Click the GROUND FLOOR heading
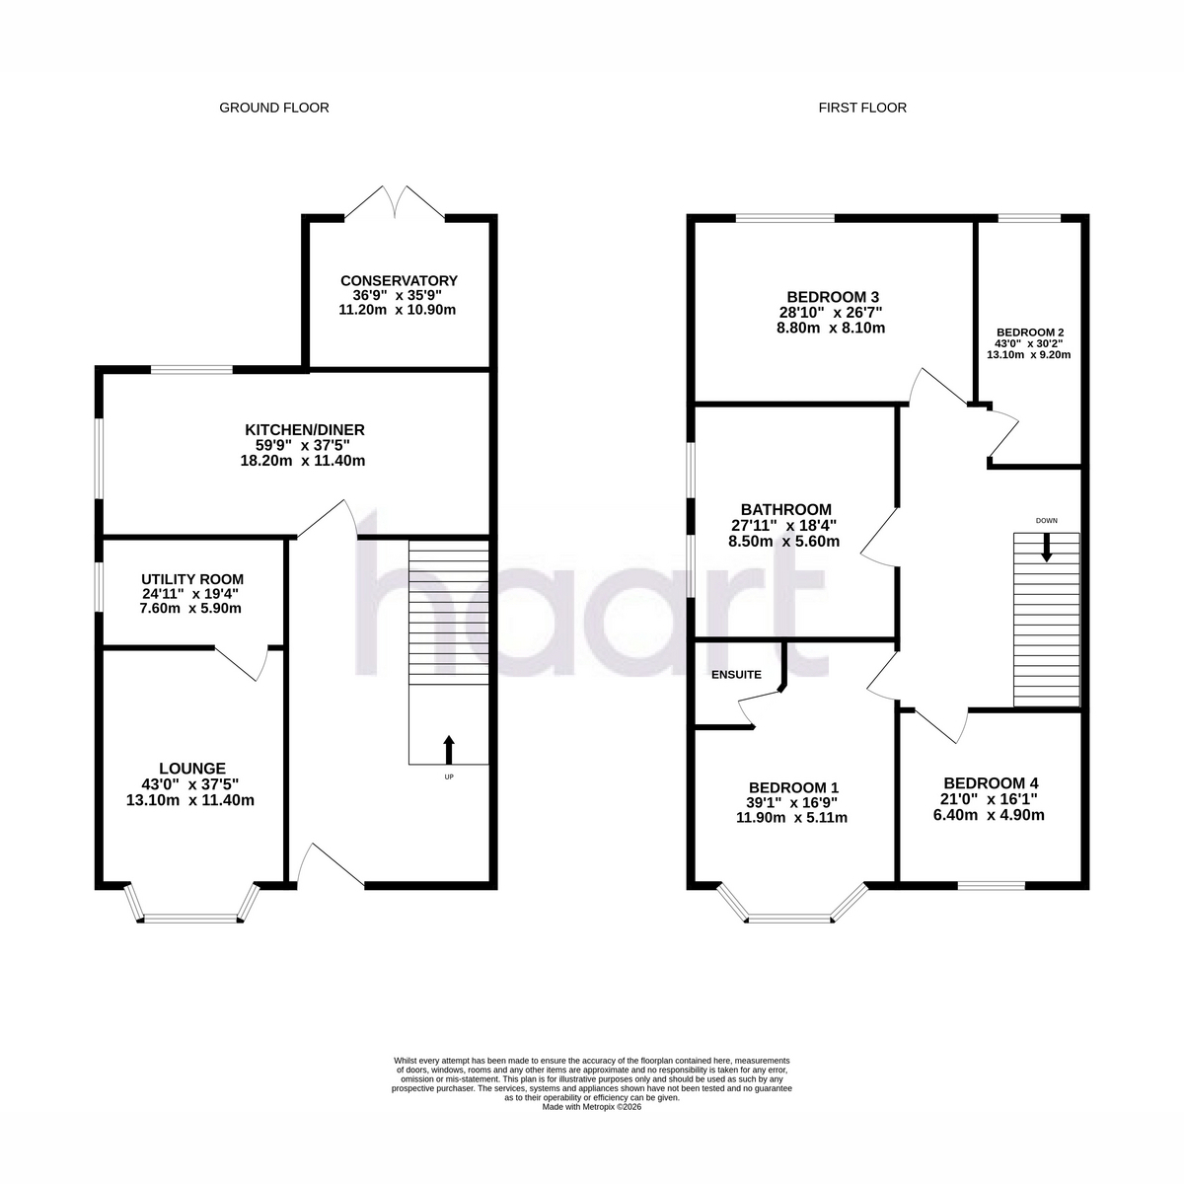(274, 108)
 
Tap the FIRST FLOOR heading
(862, 108)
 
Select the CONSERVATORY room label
(399, 281)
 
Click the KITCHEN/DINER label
(305, 429)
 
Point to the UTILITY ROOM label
(192, 579)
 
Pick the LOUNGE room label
(192, 768)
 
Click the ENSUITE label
(736, 675)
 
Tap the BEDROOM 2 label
(1030, 333)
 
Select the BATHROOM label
(785, 509)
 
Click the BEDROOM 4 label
(991, 783)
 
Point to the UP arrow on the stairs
(449, 749)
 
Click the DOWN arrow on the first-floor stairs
(1047, 548)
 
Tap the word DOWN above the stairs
(1047, 520)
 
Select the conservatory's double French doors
(395, 203)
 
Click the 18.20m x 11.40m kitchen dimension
(302, 460)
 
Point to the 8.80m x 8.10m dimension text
(831, 328)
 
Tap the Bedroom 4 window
(991, 885)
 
